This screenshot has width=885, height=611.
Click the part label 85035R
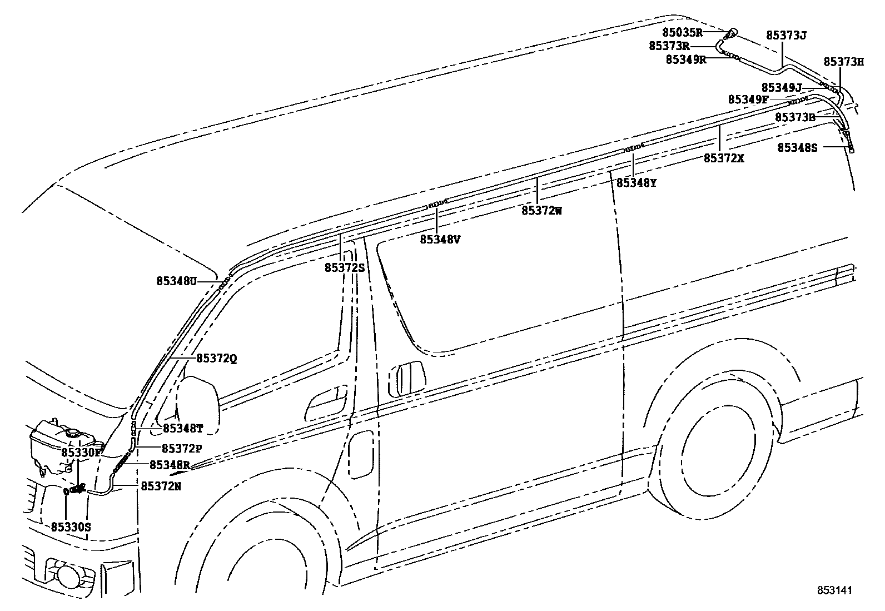point(683,32)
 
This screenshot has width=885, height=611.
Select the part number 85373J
point(786,35)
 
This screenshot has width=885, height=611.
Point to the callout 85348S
point(797,147)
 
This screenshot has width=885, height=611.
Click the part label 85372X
point(724,158)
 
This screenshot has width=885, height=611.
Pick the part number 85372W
point(542,210)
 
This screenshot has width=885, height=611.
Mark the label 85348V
point(440,239)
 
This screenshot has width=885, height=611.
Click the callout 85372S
point(345,267)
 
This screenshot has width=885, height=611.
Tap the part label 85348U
point(177,281)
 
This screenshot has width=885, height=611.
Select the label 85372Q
point(217,359)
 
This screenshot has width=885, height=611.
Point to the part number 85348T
point(183,429)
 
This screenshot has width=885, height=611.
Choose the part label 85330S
point(71,526)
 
